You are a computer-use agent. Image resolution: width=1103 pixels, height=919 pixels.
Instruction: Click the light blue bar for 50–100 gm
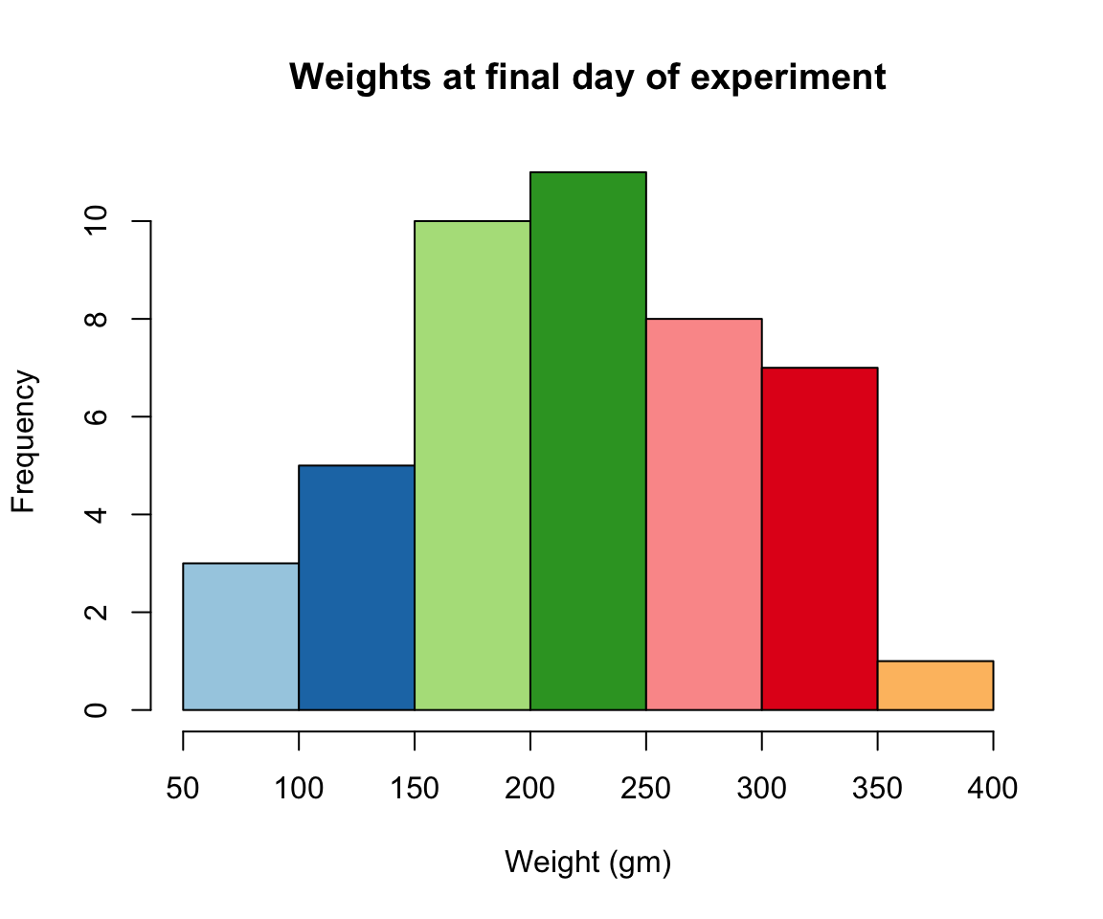coord(240,637)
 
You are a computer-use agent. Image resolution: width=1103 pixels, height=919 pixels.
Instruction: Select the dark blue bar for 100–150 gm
coord(356,588)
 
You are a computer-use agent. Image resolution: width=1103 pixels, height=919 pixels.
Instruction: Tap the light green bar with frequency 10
coord(472,465)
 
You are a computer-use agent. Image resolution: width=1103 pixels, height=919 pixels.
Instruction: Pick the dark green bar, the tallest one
coord(588,440)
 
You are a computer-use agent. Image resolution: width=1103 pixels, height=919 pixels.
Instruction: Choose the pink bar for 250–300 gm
coord(704,514)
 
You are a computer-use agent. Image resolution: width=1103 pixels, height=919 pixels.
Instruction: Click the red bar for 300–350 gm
coord(820,538)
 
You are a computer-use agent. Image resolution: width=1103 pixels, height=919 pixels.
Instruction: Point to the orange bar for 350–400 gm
coord(935,685)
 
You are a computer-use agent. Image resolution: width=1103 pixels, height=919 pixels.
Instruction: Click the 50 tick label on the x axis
coord(183,789)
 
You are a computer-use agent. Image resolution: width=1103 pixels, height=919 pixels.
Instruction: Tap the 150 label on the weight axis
coord(415,789)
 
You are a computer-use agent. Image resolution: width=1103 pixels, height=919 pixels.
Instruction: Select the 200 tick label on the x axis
coord(530,789)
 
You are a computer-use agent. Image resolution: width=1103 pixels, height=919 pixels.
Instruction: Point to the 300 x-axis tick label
coord(762,789)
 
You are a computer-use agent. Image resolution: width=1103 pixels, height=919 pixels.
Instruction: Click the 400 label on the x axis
coord(993,789)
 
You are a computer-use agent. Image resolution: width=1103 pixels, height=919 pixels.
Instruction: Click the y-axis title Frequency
coord(24,441)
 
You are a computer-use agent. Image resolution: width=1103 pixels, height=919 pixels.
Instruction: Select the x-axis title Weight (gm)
coord(588,863)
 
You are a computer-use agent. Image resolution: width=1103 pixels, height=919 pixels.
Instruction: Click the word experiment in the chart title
coord(791,78)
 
